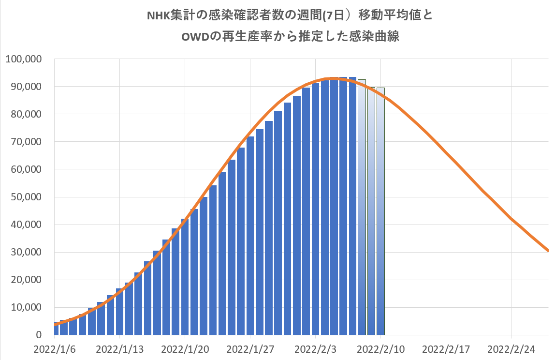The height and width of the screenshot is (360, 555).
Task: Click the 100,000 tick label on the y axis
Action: pyautogui.click(x=24, y=59)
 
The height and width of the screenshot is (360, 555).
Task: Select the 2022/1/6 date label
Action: pyautogui.click(x=55, y=349)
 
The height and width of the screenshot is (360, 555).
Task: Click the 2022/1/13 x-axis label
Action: pyautogui.click(x=119, y=349)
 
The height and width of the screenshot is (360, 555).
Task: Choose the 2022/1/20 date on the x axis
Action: pyautogui.click(x=185, y=349)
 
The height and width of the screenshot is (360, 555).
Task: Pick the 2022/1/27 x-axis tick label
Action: pyautogui.click(x=250, y=349)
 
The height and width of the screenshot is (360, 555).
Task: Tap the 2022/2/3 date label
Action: pyautogui.click(x=315, y=349)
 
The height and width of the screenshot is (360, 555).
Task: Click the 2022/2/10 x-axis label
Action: pyautogui.click(x=380, y=349)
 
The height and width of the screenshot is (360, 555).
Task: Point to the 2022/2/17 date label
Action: pyautogui.click(x=446, y=349)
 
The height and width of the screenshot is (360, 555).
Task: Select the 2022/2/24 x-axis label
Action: pyautogui.click(x=511, y=349)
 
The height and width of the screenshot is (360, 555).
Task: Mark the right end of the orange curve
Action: pyautogui.click(x=548, y=251)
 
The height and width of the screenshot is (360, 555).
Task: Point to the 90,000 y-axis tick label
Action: pyautogui.click(x=27, y=87)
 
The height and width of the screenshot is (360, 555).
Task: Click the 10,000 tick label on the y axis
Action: pyautogui.click(x=27, y=307)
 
